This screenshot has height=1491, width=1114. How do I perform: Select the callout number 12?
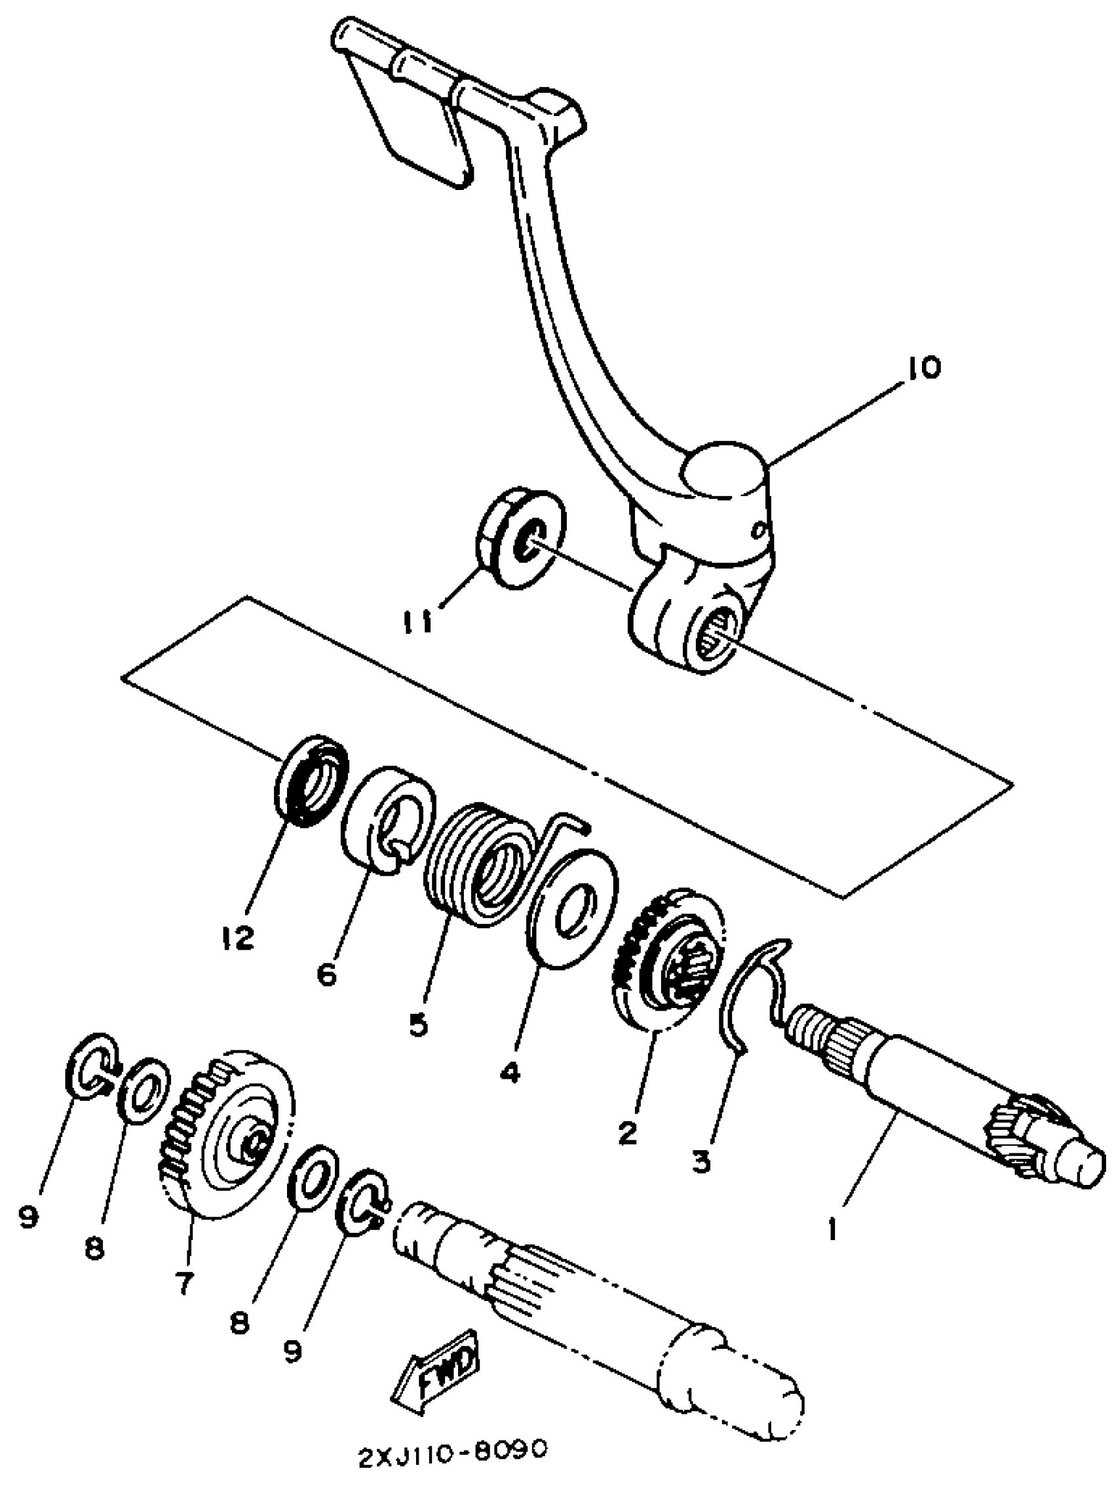[237, 937]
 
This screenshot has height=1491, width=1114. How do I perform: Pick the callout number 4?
[510, 1071]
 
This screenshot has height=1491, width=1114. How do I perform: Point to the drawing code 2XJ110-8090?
[451, 1464]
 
